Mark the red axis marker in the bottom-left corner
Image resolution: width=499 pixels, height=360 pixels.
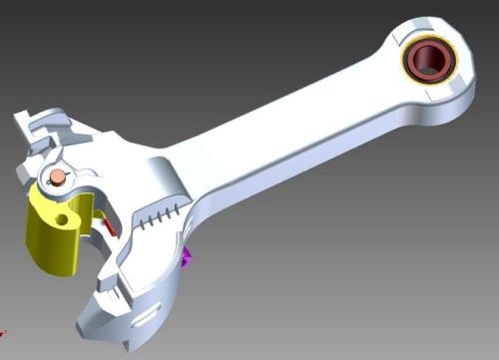point(3,331)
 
